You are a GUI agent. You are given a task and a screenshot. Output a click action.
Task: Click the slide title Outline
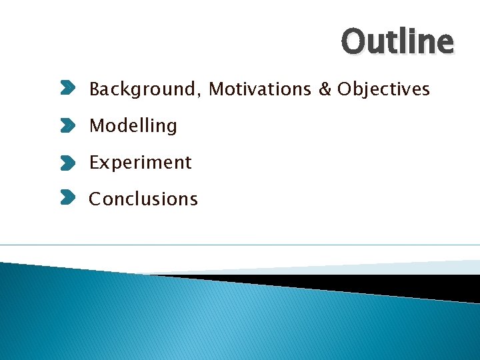click(397, 41)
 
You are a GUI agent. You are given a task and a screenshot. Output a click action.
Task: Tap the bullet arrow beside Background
click(68, 88)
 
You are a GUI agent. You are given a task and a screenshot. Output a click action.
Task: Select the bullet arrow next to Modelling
click(68, 125)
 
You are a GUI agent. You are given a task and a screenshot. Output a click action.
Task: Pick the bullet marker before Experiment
click(68, 161)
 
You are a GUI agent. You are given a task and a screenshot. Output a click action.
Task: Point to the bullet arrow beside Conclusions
click(68, 198)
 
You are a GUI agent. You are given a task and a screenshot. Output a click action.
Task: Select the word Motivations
click(260, 89)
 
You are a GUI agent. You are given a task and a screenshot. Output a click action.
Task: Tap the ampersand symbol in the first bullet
click(325, 89)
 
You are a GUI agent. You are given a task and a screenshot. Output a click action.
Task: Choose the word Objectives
click(383, 89)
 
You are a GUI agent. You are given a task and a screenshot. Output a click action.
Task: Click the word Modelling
click(133, 126)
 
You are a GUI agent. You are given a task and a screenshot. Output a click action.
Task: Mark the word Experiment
click(140, 163)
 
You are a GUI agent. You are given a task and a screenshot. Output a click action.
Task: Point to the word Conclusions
click(143, 199)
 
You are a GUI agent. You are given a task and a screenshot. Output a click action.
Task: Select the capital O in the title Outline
click(353, 41)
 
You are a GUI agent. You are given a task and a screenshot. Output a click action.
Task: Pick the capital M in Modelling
click(96, 125)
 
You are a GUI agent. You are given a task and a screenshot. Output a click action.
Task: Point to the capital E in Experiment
click(94, 162)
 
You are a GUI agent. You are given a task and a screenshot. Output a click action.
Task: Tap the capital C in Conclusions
click(95, 199)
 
